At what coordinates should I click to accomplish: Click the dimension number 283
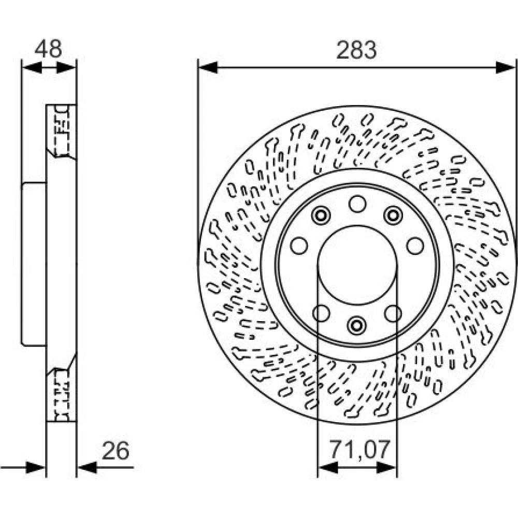point(356,50)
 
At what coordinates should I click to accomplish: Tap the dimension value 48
point(48,49)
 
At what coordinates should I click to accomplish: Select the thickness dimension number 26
point(116,451)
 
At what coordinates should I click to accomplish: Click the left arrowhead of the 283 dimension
point(208,68)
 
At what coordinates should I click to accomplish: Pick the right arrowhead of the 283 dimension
point(506,68)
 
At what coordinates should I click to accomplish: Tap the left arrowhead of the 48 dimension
point(32,68)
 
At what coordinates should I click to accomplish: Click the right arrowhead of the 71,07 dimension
point(386,467)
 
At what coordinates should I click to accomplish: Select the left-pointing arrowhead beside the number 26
point(87,467)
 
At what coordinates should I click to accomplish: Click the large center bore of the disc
point(357,265)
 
